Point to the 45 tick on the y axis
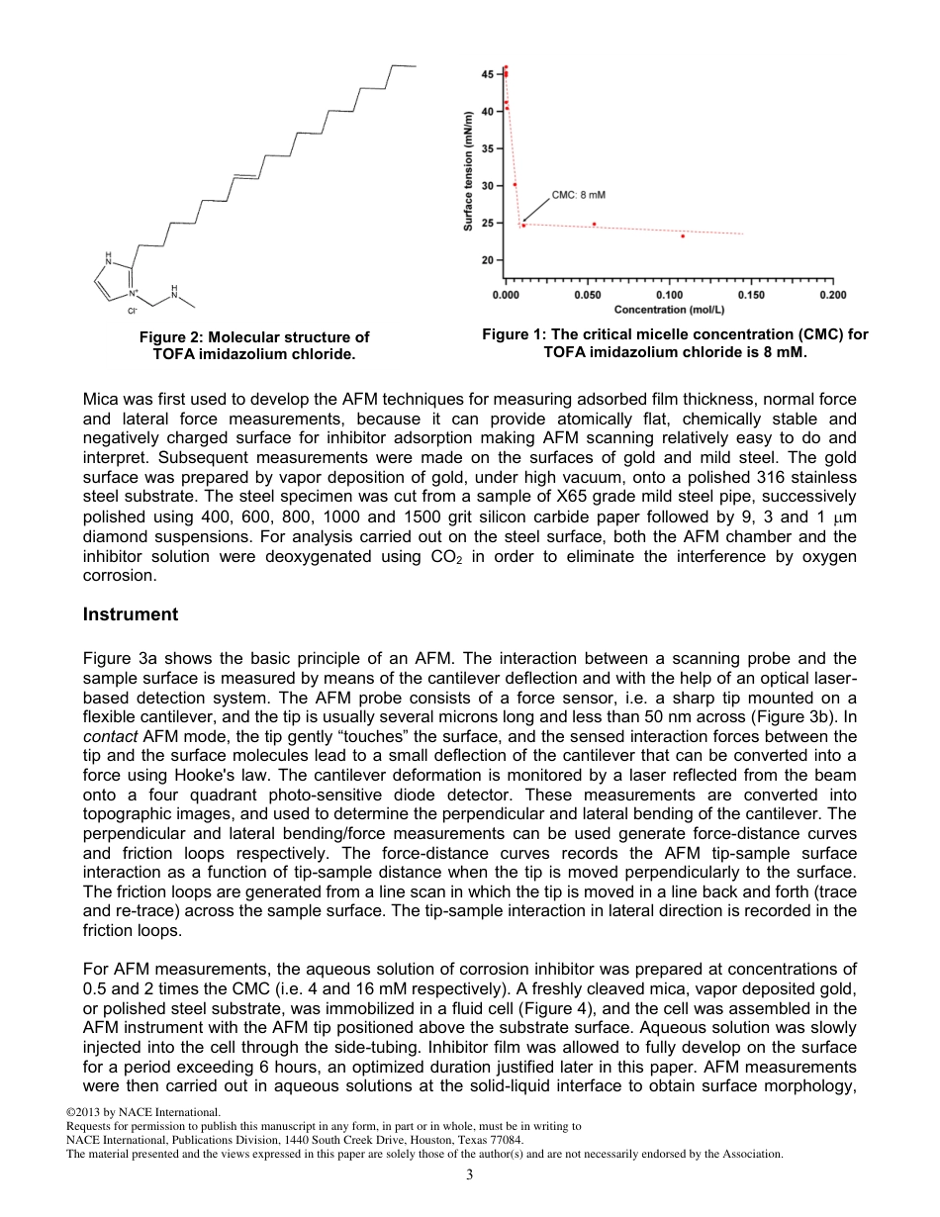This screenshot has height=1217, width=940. pyautogui.click(x=488, y=74)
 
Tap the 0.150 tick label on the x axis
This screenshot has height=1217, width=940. pyautogui.click(x=751, y=295)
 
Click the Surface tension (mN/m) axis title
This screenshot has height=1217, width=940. pyautogui.click(x=468, y=171)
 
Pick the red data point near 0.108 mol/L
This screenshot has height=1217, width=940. pyautogui.click(x=683, y=235)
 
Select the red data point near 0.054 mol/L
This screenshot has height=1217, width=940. pyautogui.click(x=594, y=224)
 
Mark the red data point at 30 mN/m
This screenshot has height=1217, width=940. pyautogui.click(x=515, y=184)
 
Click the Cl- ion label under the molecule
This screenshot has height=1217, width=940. pyautogui.click(x=131, y=311)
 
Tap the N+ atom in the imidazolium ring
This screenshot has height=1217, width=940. pyautogui.click(x=134, y=293)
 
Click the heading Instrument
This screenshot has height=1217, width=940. pyautogui.click(x=131, y=614)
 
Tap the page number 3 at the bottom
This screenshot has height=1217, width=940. pyautogui.click(x=470, y=1174)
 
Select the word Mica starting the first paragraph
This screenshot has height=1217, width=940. pyautogui.click(x=100, y=401)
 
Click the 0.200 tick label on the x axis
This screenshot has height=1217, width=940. pyautogui.click(x=832, y=295)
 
